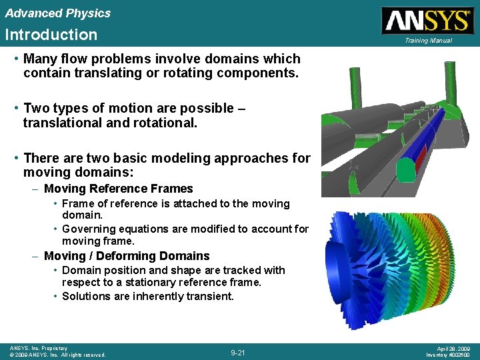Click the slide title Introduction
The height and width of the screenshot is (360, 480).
pos(51,35)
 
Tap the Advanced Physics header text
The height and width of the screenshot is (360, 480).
pos(57,13)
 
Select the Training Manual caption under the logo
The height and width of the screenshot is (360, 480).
pos(427,41)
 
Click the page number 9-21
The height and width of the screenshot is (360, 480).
pos(238,352)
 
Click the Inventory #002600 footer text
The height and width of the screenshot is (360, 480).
pos(449,355)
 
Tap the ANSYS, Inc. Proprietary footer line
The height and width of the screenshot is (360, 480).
pos(39,348)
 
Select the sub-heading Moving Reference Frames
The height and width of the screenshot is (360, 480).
pos(118,189)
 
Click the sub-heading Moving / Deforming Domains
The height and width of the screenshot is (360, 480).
pos(127,256)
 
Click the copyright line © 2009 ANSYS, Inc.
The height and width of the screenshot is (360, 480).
pos(57,355)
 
